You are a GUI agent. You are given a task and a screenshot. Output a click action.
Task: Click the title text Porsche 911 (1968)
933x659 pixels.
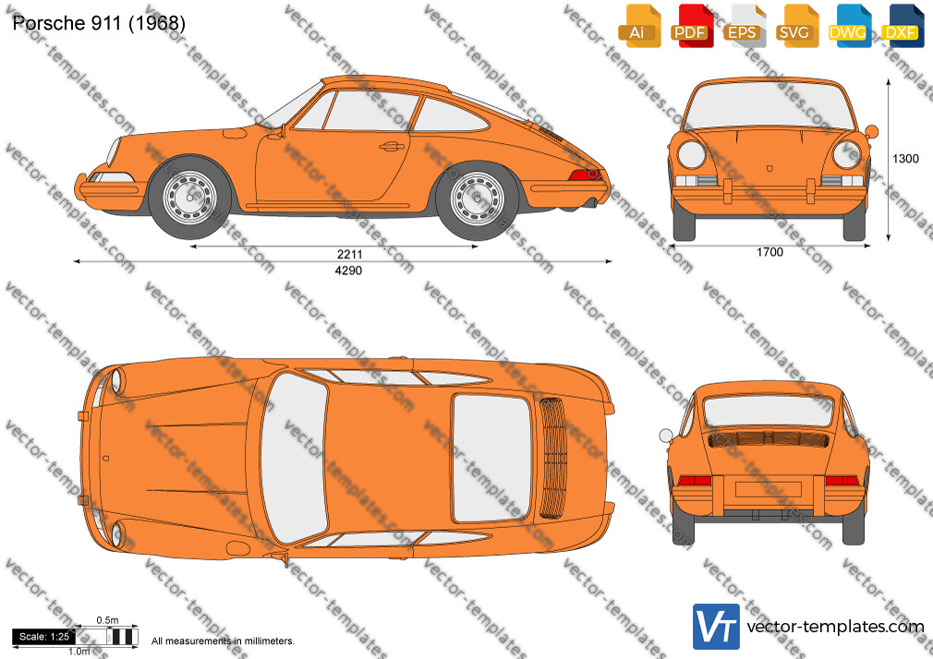click(x=99, y=22)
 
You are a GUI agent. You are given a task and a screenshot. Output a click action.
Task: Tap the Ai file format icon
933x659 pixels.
click(x=640, y=26)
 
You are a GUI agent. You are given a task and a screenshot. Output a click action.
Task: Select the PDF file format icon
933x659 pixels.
click(x=693, y=26)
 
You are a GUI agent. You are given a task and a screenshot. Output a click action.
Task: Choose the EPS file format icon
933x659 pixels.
click(x=745, y=26)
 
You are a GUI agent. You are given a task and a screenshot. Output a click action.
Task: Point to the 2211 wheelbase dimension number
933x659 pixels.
click(x=349, y=254)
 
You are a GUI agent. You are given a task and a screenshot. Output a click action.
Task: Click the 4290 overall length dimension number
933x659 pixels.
click(x=348, y=270)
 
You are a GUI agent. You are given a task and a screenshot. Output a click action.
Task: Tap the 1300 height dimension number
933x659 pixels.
click(x=905, y=159)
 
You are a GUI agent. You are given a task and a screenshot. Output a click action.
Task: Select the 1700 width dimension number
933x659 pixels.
click(x=769, y=252)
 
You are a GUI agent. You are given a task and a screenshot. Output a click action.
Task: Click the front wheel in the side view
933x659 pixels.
click(x=189, y=198)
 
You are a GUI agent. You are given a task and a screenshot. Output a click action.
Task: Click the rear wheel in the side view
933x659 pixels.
click(x=477, y=198)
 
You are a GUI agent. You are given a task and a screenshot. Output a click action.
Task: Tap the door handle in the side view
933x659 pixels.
click(x=392, y=147)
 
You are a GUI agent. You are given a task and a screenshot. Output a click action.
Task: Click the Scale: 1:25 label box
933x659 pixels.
click(x=43, y=637)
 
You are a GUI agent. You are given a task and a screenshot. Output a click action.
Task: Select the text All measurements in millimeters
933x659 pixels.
click(x=223, y=641)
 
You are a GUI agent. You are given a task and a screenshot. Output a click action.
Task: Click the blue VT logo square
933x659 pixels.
click(x=716, y=627)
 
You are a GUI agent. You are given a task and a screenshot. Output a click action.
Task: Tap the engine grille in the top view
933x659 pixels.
click(x=552, y=458)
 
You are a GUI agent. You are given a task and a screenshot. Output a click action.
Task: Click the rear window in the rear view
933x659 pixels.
click(x=769, y=411)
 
